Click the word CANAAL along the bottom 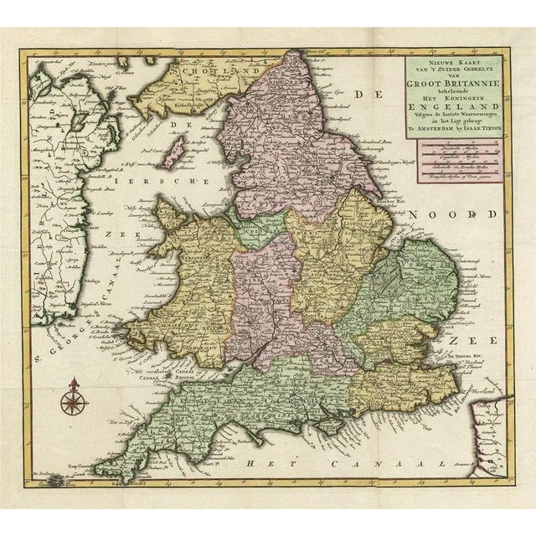coord(377,463)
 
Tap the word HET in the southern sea coord(251,463)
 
